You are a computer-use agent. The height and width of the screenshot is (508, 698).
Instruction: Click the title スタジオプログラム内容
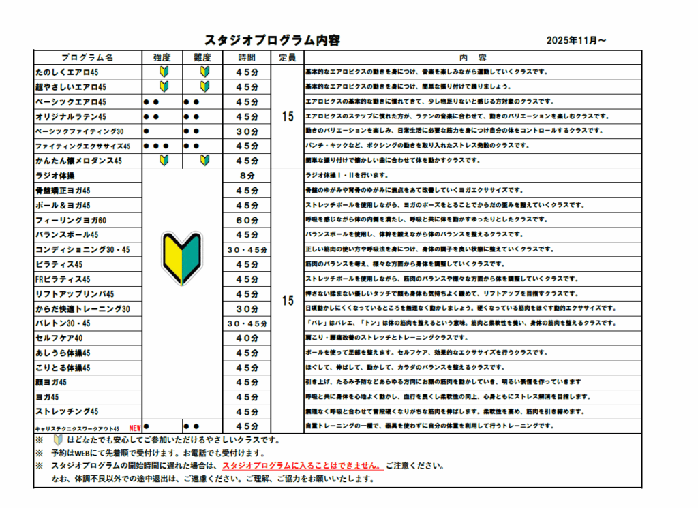(x=272, y=40)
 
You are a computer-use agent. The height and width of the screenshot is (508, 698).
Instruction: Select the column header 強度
(x=162, y=58)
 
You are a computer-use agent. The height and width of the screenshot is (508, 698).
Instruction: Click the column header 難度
(x=202, y=58)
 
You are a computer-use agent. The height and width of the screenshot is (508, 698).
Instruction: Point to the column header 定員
(x=287, y=58)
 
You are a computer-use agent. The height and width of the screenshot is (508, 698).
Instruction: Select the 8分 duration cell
(x=247, y=176)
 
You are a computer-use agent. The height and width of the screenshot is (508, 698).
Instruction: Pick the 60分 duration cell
(x=247, y=221)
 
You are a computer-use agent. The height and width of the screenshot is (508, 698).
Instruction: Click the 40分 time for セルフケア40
(x=247, y=338)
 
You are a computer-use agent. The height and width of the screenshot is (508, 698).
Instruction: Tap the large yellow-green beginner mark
(x=181, y=257)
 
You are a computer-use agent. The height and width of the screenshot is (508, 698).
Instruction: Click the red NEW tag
(x=135, y=428)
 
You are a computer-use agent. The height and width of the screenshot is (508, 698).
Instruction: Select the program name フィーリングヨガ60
(x=71, y=221)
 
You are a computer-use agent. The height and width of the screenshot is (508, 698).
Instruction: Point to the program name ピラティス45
(x=59, y=265)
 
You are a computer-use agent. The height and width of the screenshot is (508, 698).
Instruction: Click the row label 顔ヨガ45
(x=52, y=383)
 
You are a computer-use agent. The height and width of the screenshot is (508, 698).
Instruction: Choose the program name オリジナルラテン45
(x=70, y=117)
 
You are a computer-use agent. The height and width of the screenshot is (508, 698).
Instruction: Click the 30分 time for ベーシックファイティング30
(x=247, y=131)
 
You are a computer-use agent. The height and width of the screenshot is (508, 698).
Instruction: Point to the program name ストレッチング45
(x=67, y=412)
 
